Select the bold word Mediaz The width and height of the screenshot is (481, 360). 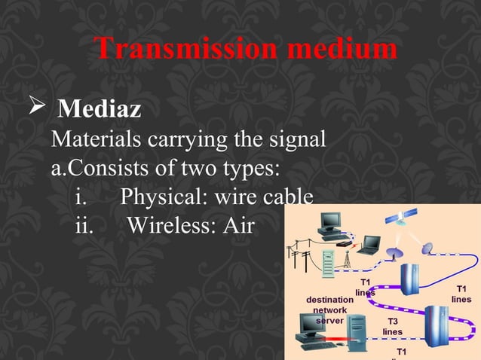[100, 110]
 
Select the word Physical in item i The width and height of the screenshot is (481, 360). [164, 197]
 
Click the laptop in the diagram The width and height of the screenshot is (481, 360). [369, 246]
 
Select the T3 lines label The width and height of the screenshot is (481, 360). [392, 326]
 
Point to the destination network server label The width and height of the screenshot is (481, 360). [329, 310]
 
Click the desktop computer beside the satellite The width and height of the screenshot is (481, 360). [329, 223]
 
